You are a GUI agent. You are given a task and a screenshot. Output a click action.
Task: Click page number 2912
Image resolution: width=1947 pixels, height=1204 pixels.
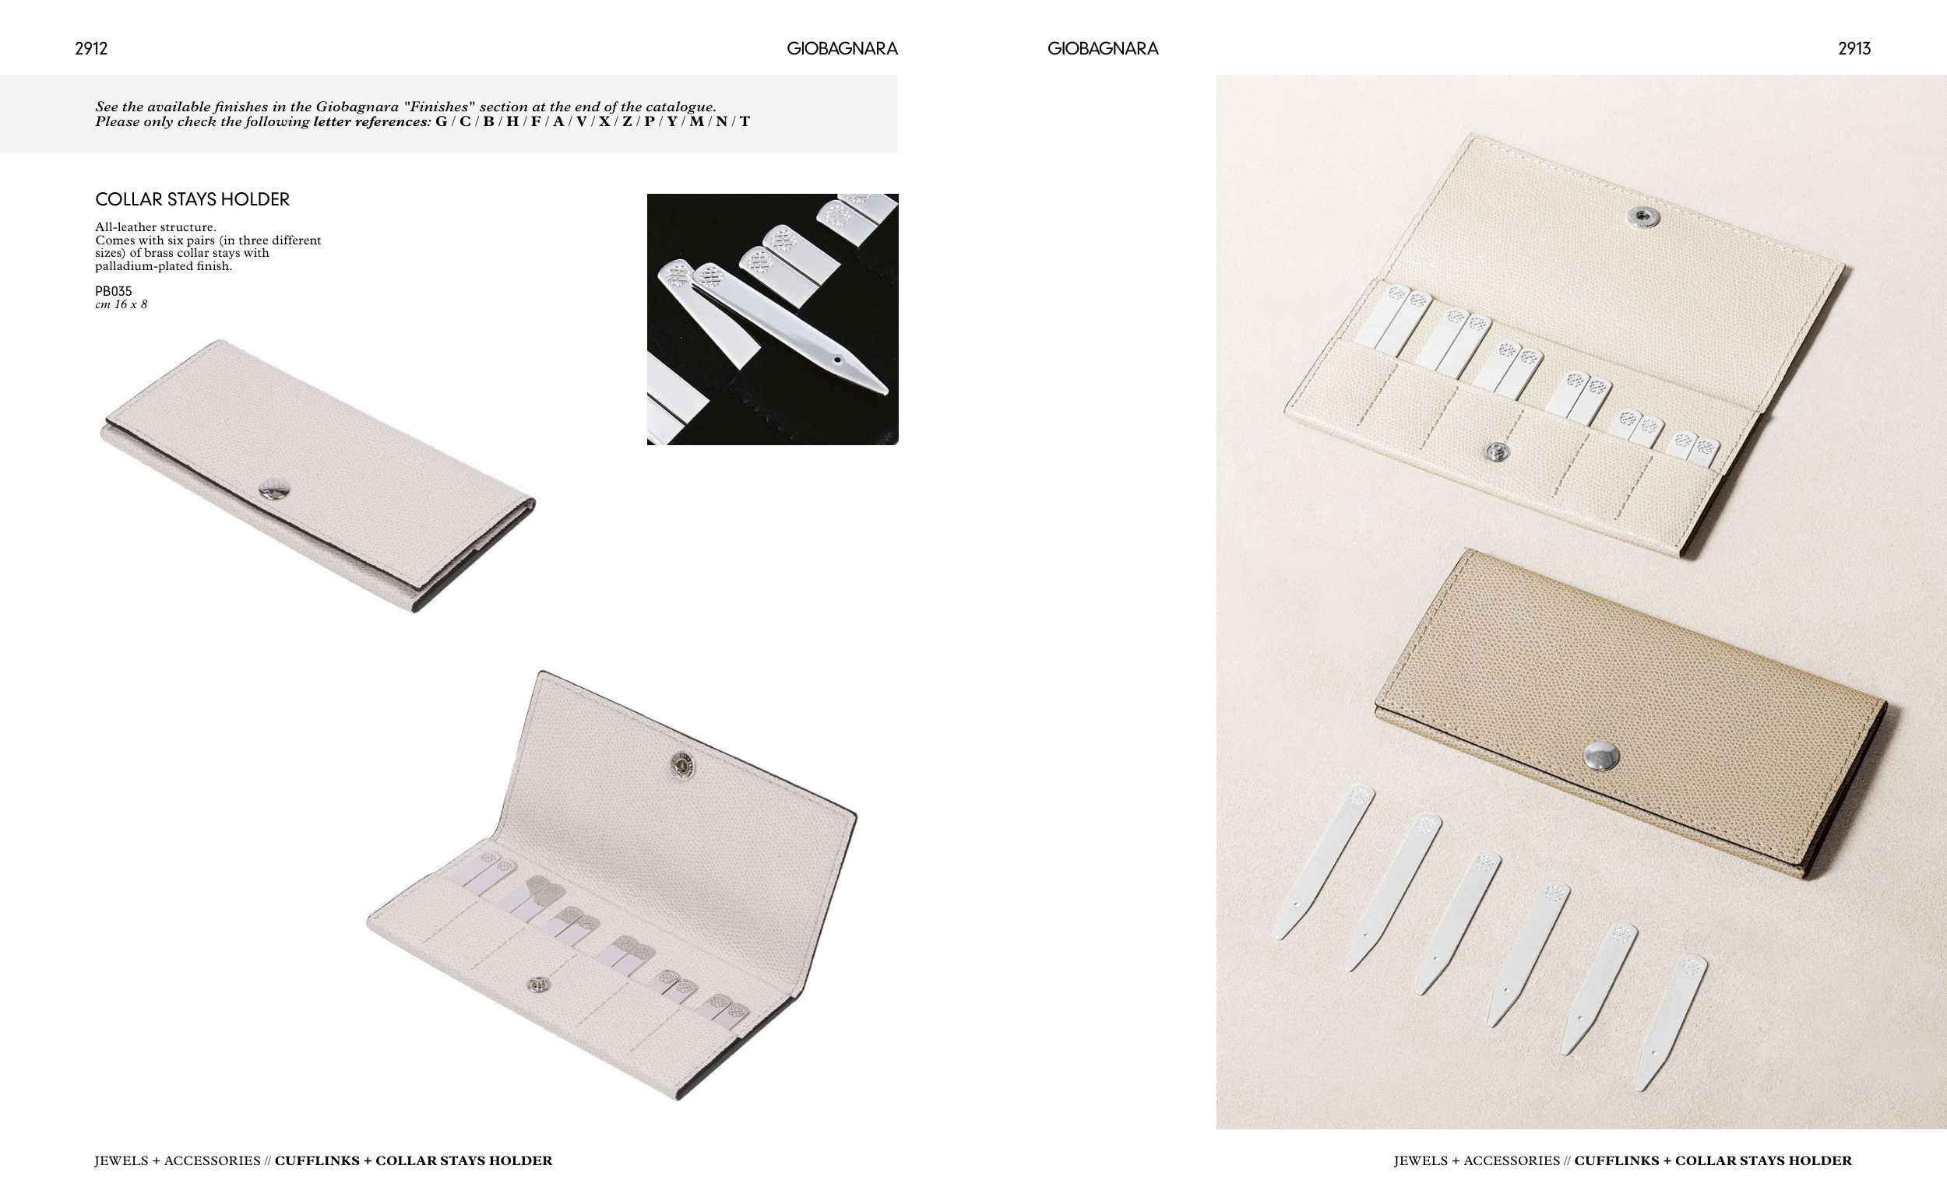(x=91, y=48)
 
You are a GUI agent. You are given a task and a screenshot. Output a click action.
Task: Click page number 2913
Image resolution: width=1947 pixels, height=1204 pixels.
(x=1854, y=48)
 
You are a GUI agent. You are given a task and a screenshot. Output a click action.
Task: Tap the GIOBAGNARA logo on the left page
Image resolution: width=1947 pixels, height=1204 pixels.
(x=842, y=48)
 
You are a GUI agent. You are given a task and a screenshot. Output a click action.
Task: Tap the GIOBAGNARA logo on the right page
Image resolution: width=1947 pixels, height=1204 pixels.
(x=1103, y=48)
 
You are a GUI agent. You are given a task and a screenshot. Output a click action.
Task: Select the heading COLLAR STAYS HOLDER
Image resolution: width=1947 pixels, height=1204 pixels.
(x=192, y=199)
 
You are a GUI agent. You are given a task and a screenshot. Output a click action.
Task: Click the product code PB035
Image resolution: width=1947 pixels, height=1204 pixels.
(x=113, y=291)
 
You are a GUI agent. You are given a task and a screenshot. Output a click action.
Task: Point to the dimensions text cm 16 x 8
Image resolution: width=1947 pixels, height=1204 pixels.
(x=121, y=304)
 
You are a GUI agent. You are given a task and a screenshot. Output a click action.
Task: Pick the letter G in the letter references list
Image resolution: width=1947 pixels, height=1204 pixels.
(x=442, y=122)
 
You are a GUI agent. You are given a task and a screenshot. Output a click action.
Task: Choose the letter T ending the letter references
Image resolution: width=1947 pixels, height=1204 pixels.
(x=745, y=122)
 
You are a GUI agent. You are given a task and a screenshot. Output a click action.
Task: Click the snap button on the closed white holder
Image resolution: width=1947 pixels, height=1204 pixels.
(x=274, y=490)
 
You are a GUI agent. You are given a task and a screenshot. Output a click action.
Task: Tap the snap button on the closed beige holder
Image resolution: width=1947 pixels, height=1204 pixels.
(x=1601, y=756)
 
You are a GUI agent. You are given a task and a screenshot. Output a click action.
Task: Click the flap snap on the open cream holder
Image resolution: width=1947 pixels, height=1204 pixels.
(x=1642, y=216)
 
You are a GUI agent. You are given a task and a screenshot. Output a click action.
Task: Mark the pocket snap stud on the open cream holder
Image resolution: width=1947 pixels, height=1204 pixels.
(x=1498, y=452)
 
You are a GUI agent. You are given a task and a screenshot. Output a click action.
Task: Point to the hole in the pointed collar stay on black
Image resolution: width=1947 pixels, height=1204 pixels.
(x=837, y=360)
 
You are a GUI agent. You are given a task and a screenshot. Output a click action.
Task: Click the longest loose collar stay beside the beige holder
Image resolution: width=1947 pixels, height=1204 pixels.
(x=1322, y=863)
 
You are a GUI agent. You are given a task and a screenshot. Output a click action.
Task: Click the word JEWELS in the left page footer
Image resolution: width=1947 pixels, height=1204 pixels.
(x=120, y=1161)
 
